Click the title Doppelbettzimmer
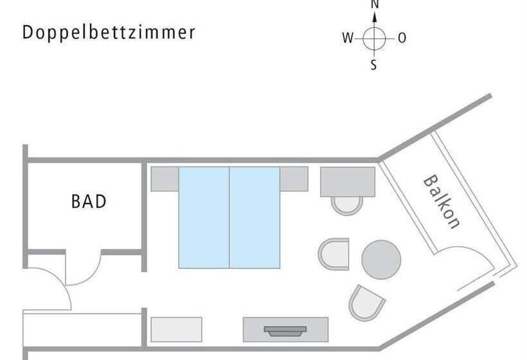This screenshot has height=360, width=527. click(109, 33)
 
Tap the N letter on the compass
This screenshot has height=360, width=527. click(375, 4)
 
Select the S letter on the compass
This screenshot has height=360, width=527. click(374, 66)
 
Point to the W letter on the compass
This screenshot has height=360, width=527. click(348, 38)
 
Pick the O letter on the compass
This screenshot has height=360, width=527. click(402, 38)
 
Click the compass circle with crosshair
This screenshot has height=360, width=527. click(374, 38)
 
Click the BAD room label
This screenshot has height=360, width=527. click(89, 202)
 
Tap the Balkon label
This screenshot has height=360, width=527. click(442, 202)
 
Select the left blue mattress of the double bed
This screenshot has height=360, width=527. click(204, 217)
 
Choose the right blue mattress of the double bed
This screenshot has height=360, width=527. click(255, 217)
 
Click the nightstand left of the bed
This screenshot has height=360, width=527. click(165, 179)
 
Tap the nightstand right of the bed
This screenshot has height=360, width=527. click(294, 179)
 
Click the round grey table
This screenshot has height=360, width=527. click(381, 260)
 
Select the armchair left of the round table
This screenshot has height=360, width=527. click(334, 254)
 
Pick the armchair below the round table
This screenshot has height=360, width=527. click(366, 301)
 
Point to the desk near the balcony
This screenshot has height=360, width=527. click(348, 181)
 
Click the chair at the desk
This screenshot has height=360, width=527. click(347, 205)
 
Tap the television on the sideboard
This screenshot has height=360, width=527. click(285, 331)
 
